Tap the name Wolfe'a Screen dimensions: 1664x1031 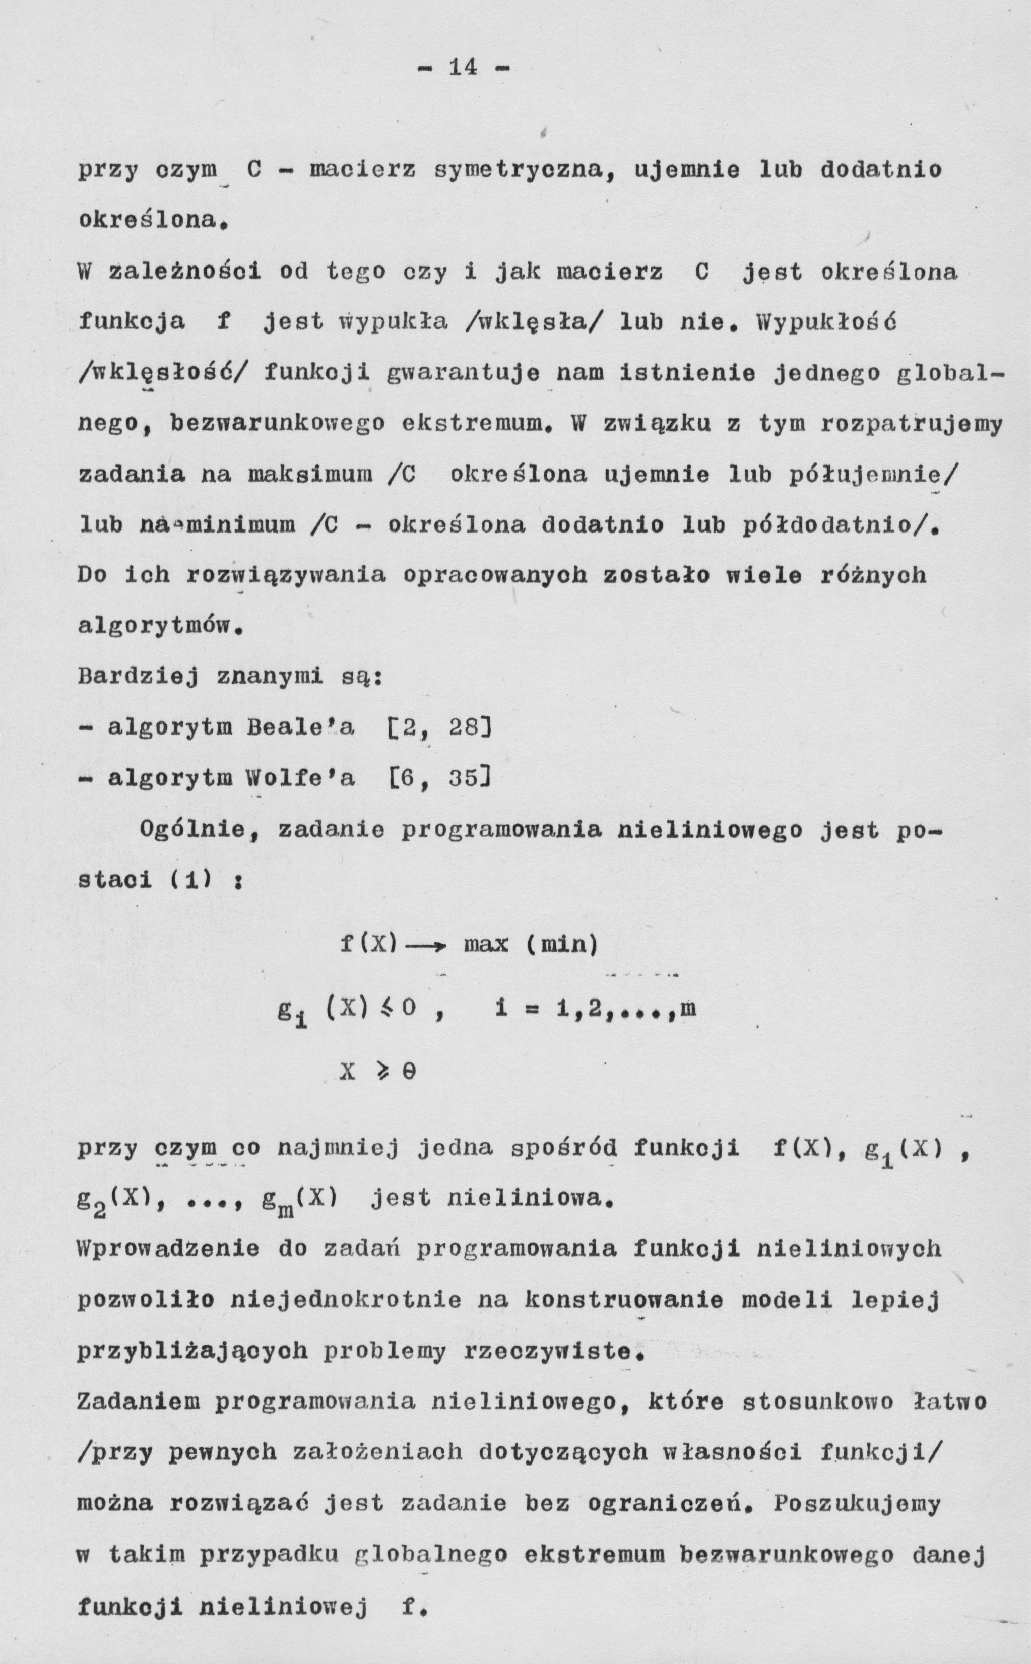300,778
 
